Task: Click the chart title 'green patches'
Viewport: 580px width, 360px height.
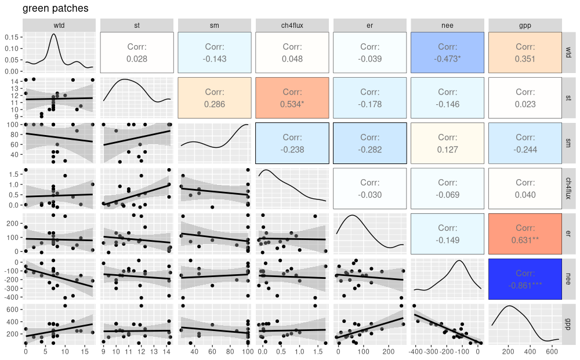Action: (56, 9)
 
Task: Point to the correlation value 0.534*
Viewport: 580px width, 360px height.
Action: (292, 104)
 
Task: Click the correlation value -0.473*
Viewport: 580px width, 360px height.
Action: (447, 59)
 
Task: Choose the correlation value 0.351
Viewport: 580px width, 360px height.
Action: (525, 59)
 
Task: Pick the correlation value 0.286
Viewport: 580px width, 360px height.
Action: (214, 104)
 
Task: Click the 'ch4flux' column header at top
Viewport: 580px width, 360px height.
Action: (292, 25)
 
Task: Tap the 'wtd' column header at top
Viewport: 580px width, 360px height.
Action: (59, 25)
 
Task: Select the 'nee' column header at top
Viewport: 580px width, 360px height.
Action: (447, 25)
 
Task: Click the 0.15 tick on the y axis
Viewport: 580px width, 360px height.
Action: (12, 37)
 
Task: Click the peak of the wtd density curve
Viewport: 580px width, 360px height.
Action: (54, 34)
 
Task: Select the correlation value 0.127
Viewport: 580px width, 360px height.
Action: (447, 150)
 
